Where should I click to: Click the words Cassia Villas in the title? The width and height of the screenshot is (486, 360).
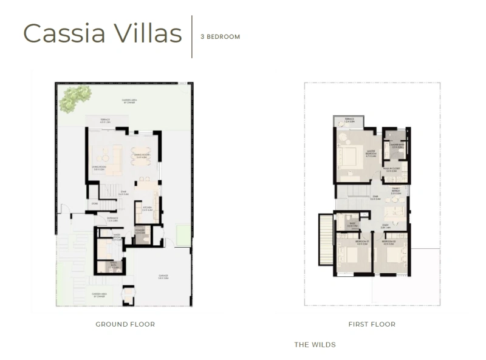tap(102, 34)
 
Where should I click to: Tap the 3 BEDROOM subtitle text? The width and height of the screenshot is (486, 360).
tap(220, 37)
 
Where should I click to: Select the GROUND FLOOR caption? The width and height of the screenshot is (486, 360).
tap(125, 324)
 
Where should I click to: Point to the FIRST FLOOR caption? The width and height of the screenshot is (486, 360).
tap(372, 324)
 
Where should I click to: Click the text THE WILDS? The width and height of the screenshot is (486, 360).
tap(315, 345)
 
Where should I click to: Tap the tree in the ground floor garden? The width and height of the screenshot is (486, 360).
tap(75, 98)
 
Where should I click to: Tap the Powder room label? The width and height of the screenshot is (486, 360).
tap(140, 231)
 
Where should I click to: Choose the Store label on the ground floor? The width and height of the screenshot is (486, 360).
tap(94, 204)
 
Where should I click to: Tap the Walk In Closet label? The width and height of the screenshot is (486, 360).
tap(391, 169)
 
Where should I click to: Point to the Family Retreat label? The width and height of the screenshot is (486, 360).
tap(395, 190)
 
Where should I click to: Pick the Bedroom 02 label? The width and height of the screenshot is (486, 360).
tap(389, 243)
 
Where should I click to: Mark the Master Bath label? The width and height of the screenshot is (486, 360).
tap(398, 145)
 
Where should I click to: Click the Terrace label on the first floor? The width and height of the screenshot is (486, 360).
tap(349, 120)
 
